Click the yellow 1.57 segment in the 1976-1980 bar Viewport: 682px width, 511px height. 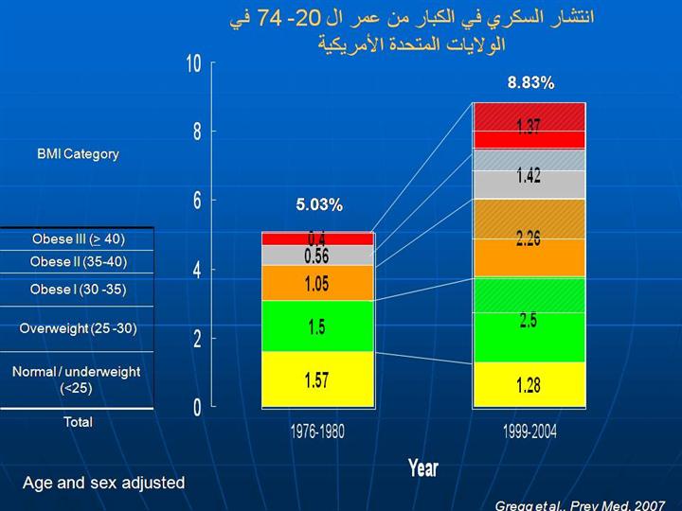(317, 379)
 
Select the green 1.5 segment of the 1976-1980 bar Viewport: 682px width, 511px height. (317, 326)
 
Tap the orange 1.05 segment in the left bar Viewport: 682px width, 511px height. (317, 283)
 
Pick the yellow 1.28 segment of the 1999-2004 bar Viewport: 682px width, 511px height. (529, 385)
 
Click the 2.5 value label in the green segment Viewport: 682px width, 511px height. (529, 320)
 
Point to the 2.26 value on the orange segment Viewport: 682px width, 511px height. (529, 238)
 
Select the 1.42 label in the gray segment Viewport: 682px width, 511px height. (529, 176)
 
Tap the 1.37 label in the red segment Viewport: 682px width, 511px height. (529, 127)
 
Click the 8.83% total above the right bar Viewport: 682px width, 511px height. (530, 83)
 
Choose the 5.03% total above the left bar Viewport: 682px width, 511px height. (319, 204)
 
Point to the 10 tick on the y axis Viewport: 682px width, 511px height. (194, 63)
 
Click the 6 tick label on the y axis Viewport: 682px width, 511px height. (197, 201)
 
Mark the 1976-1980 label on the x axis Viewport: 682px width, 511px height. (317, 432)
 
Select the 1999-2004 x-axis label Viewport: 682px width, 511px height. (529, 432)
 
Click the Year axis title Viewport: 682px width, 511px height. (423, 467)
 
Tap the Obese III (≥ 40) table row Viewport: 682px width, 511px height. (78, 238)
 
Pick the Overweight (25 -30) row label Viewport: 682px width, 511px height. (78, 328)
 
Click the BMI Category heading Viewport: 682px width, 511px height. (78, 153)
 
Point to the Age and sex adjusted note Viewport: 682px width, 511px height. (104, 483)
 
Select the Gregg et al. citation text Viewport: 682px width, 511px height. (580, 505)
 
